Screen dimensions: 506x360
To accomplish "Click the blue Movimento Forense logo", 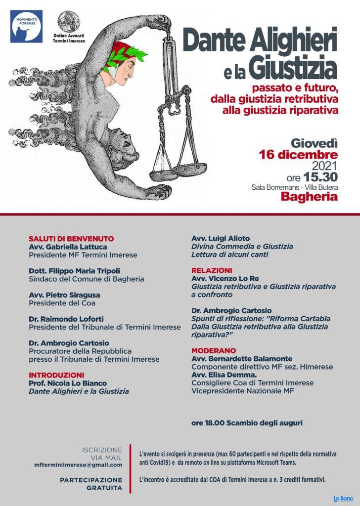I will coord(26,26).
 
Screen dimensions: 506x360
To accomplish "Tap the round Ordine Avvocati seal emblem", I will coord(69,21).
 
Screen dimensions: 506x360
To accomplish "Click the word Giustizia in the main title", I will coord(295,70).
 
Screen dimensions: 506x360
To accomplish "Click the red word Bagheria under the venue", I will coord(310,197).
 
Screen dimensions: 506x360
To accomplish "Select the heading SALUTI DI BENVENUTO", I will coord(71,238).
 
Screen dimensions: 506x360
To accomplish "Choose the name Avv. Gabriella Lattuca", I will coord(68,247).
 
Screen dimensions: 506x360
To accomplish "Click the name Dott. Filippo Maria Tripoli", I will coord(74,271).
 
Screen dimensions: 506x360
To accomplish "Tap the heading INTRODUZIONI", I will coord(56,375).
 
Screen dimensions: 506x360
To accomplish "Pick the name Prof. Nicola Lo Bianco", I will coord(68,383).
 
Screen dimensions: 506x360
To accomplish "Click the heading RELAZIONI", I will coord(211,270).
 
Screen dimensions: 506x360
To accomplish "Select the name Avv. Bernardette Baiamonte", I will coord(242,358).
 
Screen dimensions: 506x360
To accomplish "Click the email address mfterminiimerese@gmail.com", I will coord(78,465).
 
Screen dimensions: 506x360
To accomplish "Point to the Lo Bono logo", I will coord(343,499).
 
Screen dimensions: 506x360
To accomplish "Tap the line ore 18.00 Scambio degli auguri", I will coord(247,423).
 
